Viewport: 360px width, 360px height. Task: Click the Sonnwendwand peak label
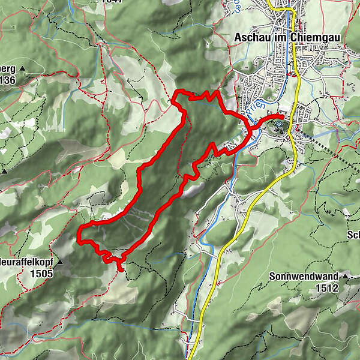pyautogui.click(x=304, y=277)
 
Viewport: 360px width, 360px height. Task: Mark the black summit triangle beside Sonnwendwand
pyautogui.click(x=346, y=277)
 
